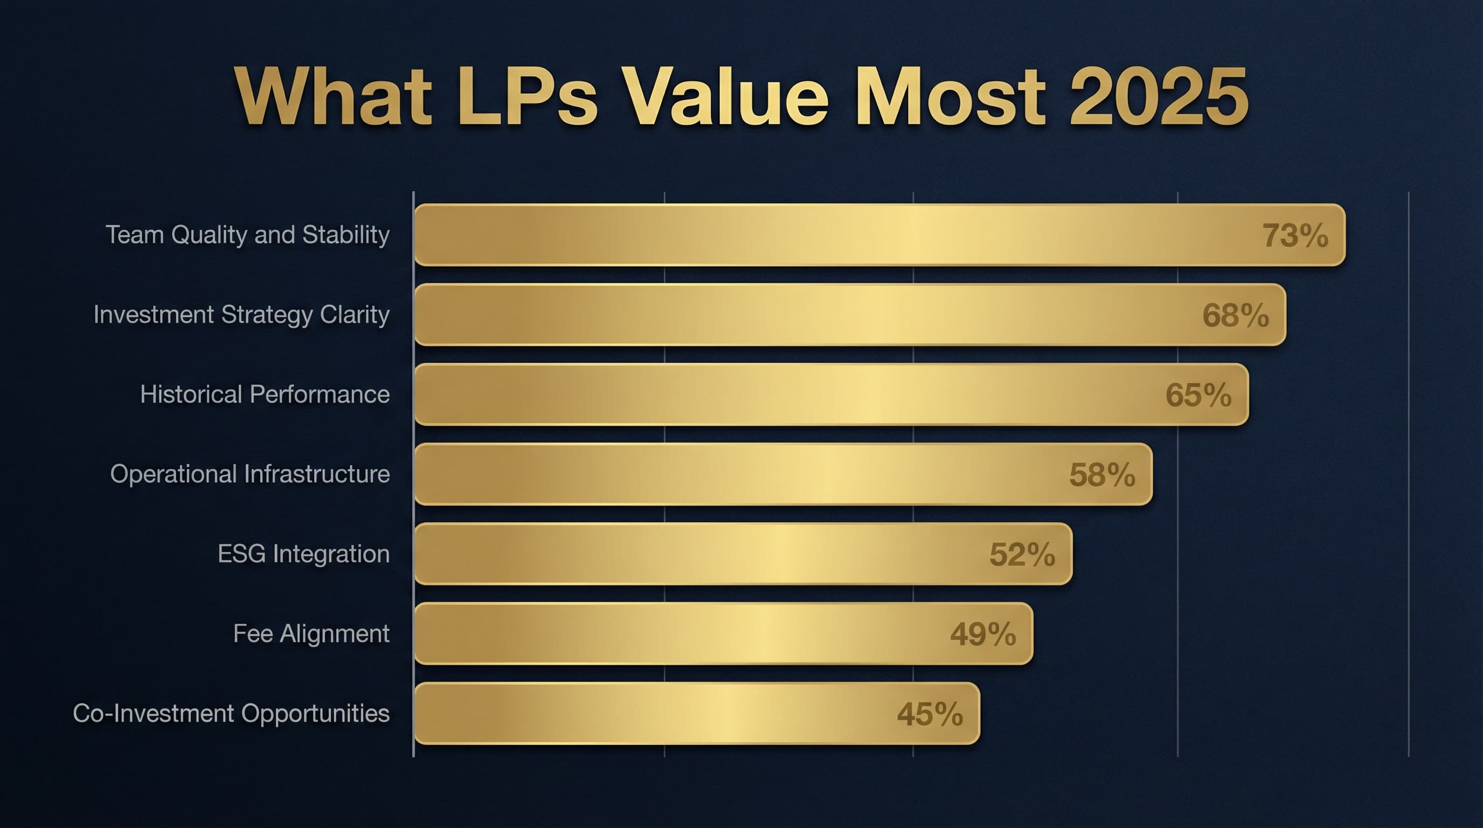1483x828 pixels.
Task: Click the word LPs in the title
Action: (x=528, y=96)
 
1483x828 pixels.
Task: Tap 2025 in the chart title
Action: (x=1158, y=96)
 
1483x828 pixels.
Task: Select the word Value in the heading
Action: (x=725, y=96)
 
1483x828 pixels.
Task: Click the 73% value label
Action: (x=1295, y=236)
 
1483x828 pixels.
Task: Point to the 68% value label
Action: (x=1236, y=315)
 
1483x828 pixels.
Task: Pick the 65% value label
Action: (x=1198, y=395)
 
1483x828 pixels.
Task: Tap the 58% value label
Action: (x=1102, y=475)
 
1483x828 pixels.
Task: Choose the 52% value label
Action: (x=1022, y=555)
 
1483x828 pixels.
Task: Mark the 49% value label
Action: (x=983, y=634)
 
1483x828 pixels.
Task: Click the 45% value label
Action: (x=930, y=714)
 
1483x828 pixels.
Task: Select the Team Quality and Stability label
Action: (x=247, y=235)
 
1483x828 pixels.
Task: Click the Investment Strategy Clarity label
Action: (x=241, y=315)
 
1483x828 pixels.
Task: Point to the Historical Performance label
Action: (x=265, y=395)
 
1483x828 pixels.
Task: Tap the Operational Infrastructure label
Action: (x=250, y=474)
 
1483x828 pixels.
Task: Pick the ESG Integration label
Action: (x=303, y=554)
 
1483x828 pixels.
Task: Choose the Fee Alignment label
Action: (x=311, y=634)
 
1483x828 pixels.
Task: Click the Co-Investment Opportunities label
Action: (x=231, y=713)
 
